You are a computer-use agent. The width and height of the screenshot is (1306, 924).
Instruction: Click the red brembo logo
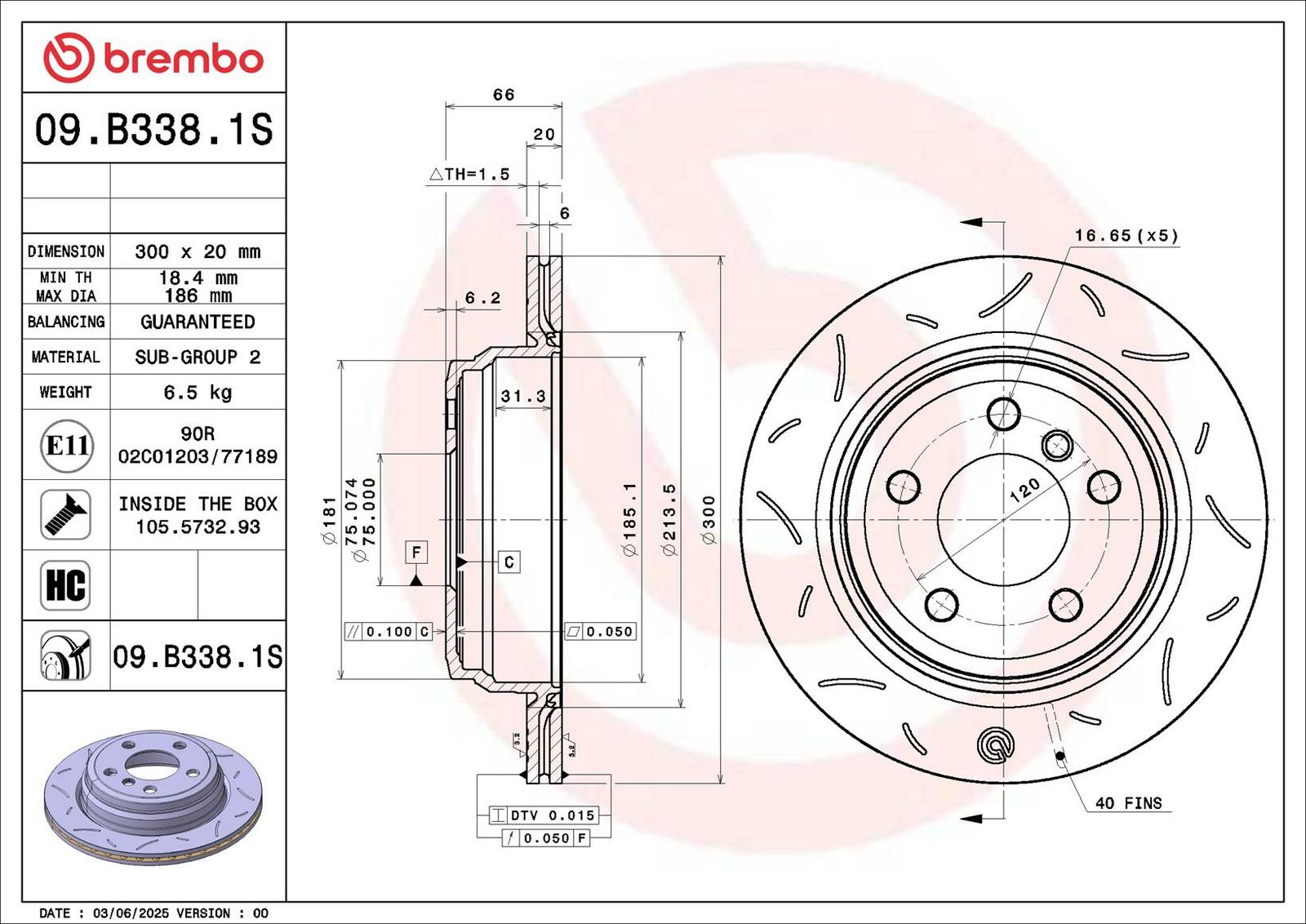click(x=153, y=58)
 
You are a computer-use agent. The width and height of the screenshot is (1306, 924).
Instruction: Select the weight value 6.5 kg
click(x=198, y=393)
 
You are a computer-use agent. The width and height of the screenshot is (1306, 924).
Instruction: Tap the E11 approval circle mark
click(x=66, y=446)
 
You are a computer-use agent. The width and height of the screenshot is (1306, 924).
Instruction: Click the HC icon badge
click(x=65, y=585)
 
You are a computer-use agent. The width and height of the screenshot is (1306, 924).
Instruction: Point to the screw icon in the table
click(x=65, y=515)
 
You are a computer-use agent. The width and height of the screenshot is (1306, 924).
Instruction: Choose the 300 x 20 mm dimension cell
click(x=198, y=252)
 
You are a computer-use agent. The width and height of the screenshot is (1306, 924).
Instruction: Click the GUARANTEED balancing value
click(x=198, y=322)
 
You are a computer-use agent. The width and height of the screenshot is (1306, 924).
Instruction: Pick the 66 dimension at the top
click(x=503, y=95)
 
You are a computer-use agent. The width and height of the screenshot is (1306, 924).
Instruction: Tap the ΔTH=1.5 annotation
click(x=469, y=174)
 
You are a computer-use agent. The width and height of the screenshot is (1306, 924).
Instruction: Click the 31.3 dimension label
click(x=523, y=397)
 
